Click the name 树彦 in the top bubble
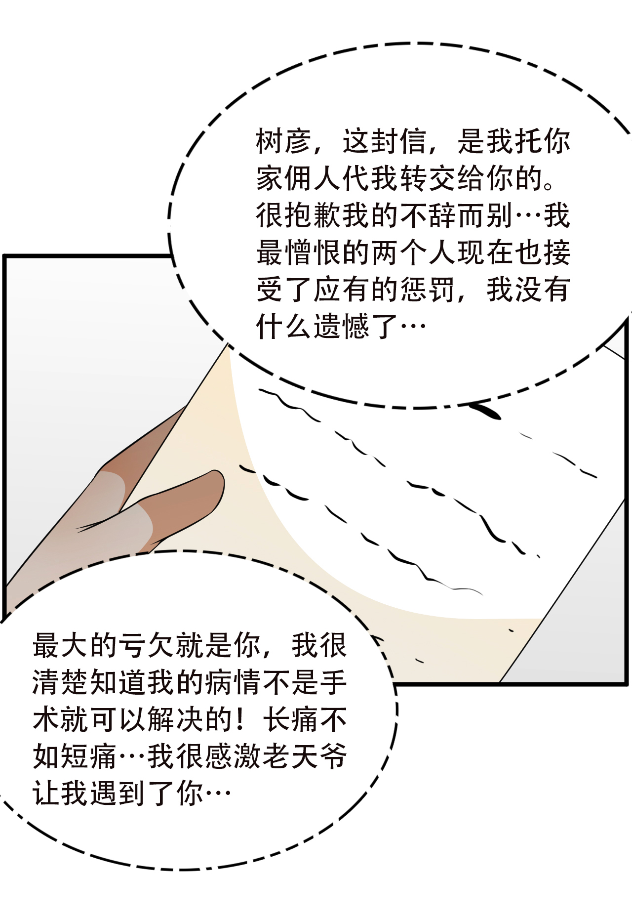coord(284,141)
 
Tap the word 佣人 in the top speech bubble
coord(313,178)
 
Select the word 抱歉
coord(313,215)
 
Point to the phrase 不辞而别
coord(456,215)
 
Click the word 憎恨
coord(313,252)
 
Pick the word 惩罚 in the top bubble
coord(427,290)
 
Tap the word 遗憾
coord(341,327)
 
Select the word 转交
coord(427,178)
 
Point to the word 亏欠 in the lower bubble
coord(147,645)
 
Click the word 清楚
coord(61,682)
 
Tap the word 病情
coord(233,682)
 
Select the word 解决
coord(175,719)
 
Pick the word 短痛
coord(89,756)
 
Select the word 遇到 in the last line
coord(118,794)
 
